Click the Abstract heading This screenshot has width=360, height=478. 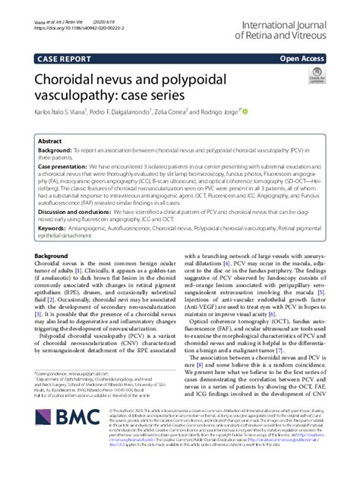pos(50,141)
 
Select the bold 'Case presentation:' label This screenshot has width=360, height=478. pos(63,165)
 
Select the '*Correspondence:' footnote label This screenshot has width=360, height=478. pos(54,396)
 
